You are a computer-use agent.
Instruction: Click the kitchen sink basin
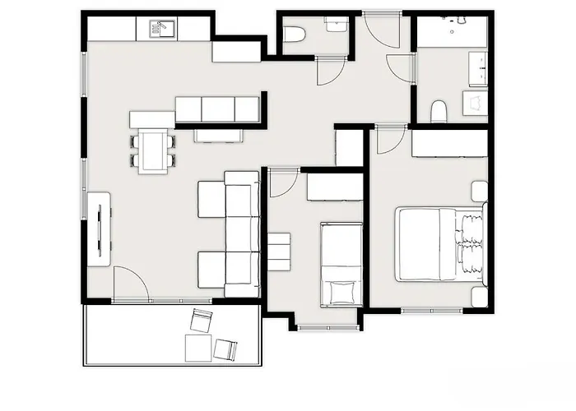coord(159,29)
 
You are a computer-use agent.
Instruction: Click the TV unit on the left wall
coord(99,229)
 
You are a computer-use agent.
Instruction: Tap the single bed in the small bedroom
coord(341,263)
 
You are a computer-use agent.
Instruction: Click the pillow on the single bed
coord(341,291)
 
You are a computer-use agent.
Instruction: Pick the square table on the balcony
coord(197,348)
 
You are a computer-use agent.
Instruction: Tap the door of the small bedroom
coord(280,182)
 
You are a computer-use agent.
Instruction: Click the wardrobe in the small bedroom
coord(335,187)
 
